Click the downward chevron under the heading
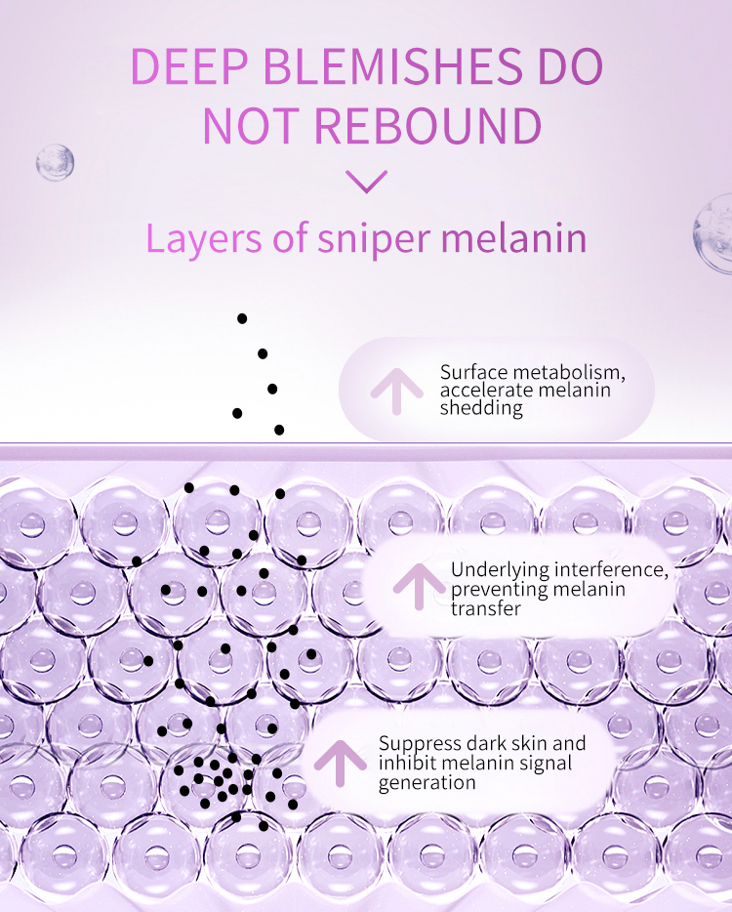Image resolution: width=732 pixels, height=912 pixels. pyautogui.click(x=366, y=182)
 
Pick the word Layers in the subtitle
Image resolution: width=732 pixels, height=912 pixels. pyautogui.click(x=203, y=239)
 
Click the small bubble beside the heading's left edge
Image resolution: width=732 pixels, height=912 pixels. pyautogui.click(x=55, y=162)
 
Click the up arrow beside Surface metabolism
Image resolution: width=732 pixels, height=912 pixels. pyautogui.click(x=394, y=390)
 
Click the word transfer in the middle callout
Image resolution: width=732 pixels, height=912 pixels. pyautogui.click(x=485, y=608)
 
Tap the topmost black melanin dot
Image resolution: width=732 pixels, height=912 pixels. pyautogui.click(x=242, y=318)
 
